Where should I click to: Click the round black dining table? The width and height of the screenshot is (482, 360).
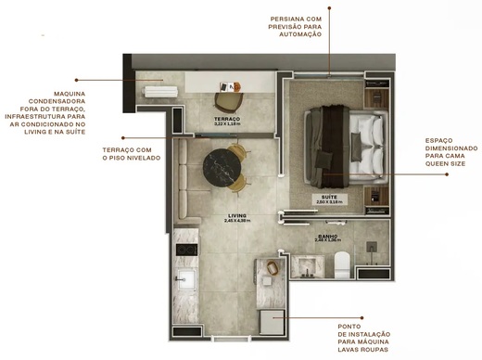pos(222,167)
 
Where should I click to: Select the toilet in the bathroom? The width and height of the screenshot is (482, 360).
pos(340,264)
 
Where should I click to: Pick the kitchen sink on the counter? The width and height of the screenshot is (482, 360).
pos(184,279)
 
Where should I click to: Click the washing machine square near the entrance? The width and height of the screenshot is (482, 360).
pos(271,319)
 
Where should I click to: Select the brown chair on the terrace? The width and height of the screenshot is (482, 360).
pos(225,99)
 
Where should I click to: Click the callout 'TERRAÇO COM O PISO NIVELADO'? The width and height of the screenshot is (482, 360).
pos(131,153)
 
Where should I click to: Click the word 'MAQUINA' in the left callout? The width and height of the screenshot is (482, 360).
pos(69,94)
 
